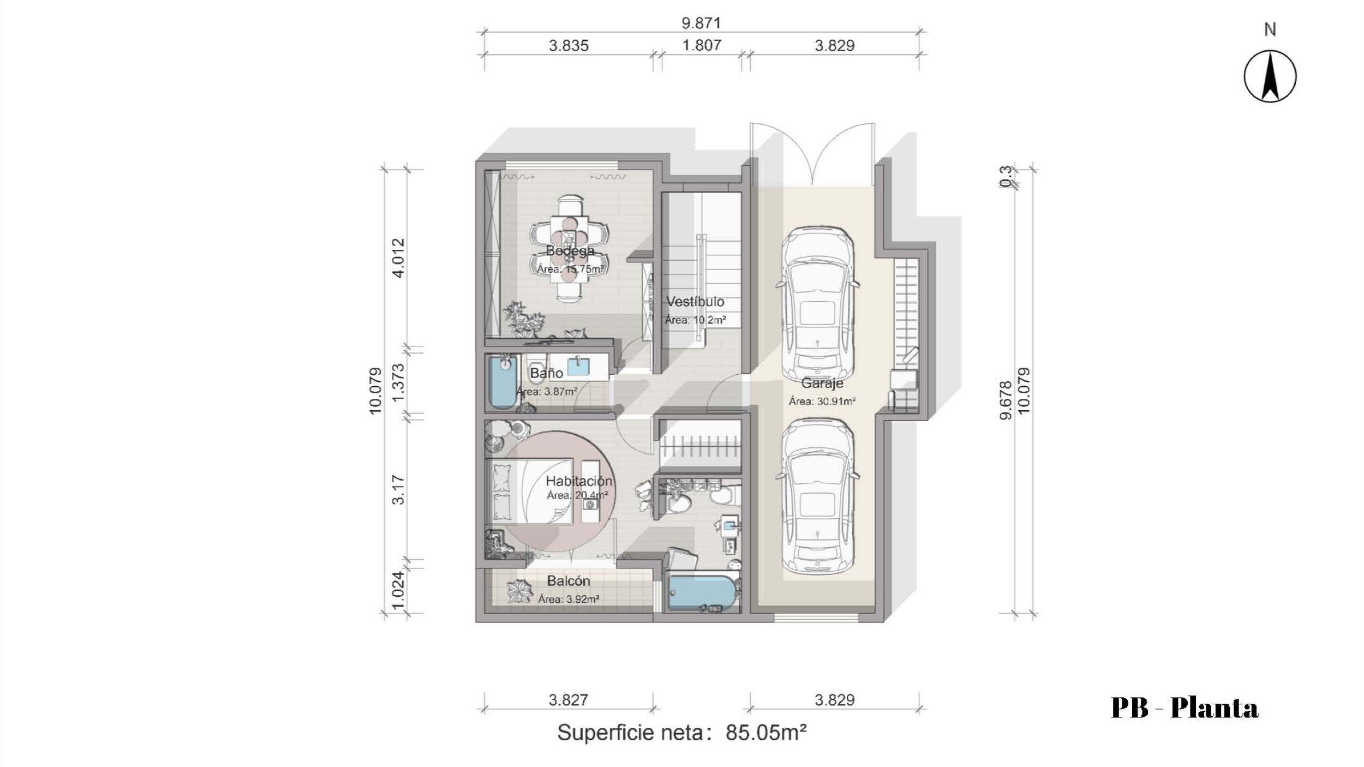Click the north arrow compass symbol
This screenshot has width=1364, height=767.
point(1270,76)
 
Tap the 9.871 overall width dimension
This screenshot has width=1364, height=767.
point(701,23)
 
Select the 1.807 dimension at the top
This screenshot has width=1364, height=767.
point(702,45)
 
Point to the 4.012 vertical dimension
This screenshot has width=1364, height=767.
point(399,258)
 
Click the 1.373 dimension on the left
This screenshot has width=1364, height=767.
point(399,382)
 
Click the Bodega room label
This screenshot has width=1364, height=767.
point(570,251)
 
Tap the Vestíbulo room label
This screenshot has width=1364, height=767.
point(695,302)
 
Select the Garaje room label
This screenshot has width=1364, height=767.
point(822,383)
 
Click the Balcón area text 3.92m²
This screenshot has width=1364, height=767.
point(569,599)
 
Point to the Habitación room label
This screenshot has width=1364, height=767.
point(579,481)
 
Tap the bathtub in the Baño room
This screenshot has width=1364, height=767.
point(503,381)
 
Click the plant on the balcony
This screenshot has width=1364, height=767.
point(519,591)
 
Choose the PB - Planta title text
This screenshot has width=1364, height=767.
point(1184,708)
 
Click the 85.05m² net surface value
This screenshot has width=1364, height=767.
point(766,733)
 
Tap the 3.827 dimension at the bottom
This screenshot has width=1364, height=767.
point(568,700)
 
